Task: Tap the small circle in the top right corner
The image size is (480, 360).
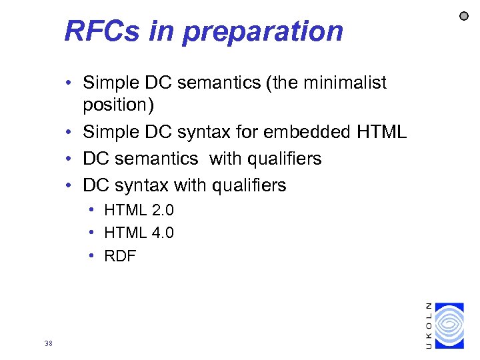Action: pyautogui.click(x=464, y=16)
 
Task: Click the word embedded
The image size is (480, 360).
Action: pyautogui.click(x=310, y=132)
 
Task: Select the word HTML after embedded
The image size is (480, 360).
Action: pyautogui.click(x=381, y=132)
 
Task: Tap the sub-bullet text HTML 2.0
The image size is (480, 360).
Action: pyautogui.click(x=139, y=211)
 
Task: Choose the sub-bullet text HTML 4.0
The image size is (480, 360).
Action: pyautogui.click(x=139, y=233)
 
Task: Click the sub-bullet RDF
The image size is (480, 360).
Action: pyautogui.click(x=120, y=256)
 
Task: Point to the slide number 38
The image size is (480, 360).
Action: pyautogui.click(x=48, y=343)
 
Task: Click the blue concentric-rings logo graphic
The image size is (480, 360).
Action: pyautogui.click(x=449, y=325)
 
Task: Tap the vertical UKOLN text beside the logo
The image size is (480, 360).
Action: pyautogui.click(x=428, y=325)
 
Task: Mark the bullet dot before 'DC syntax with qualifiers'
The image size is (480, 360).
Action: pyautogui.click(x=69, y=185)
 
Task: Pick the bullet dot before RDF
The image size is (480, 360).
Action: pyautogui.click(x=92, y=256)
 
